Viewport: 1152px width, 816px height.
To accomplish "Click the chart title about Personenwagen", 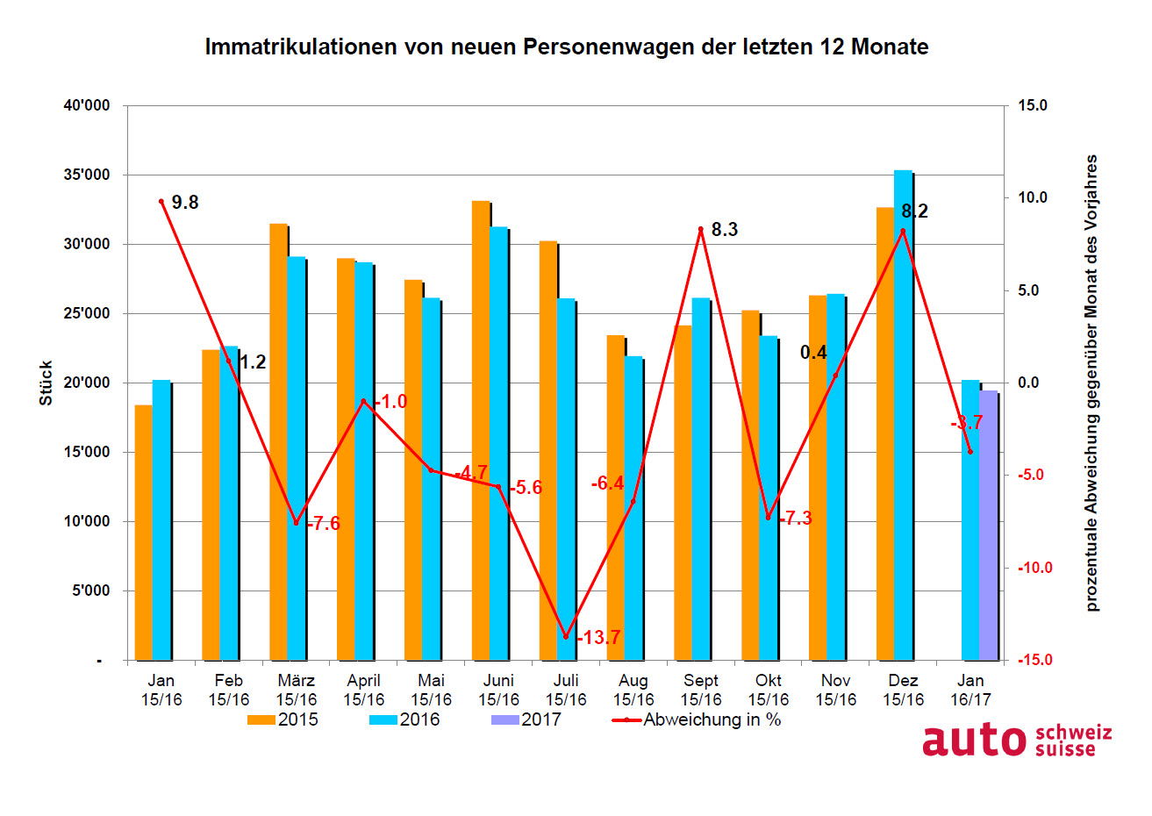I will tap(566, 47).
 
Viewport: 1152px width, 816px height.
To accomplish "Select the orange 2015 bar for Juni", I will tap(481, 430).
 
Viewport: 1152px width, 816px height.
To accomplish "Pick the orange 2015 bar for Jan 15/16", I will tap(143, 532).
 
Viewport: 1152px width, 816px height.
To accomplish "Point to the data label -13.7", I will tap(598, 638).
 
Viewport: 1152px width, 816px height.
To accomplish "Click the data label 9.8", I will tap(185, 203).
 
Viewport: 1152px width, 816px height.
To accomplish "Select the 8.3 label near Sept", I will tap(724, 230).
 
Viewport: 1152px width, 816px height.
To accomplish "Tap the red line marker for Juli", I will tap(566, 636).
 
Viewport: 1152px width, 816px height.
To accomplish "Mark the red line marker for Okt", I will tap(768, 518).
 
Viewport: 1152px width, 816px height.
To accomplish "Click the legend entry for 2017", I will tap(526, 720).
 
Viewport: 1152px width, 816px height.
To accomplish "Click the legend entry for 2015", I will tap(283, 720).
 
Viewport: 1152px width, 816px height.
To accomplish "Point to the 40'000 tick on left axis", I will tap(87, 106).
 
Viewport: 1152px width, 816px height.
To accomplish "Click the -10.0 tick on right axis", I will tap(1033, 568).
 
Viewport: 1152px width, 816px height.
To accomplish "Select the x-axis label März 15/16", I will tap(297, 691).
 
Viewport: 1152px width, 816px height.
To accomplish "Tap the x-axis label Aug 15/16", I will tap(633, 691).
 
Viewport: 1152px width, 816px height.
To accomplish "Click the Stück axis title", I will tap(46, 383).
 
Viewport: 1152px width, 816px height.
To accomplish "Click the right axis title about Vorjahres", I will tap(1091, 383).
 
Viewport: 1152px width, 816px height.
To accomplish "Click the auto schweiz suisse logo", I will tap(1016, 741).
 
